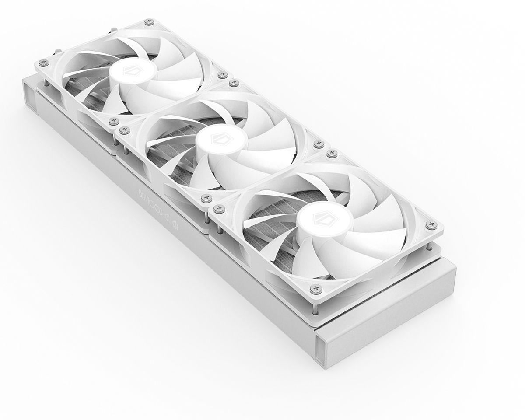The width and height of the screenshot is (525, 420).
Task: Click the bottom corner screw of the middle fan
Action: [205, 198]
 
